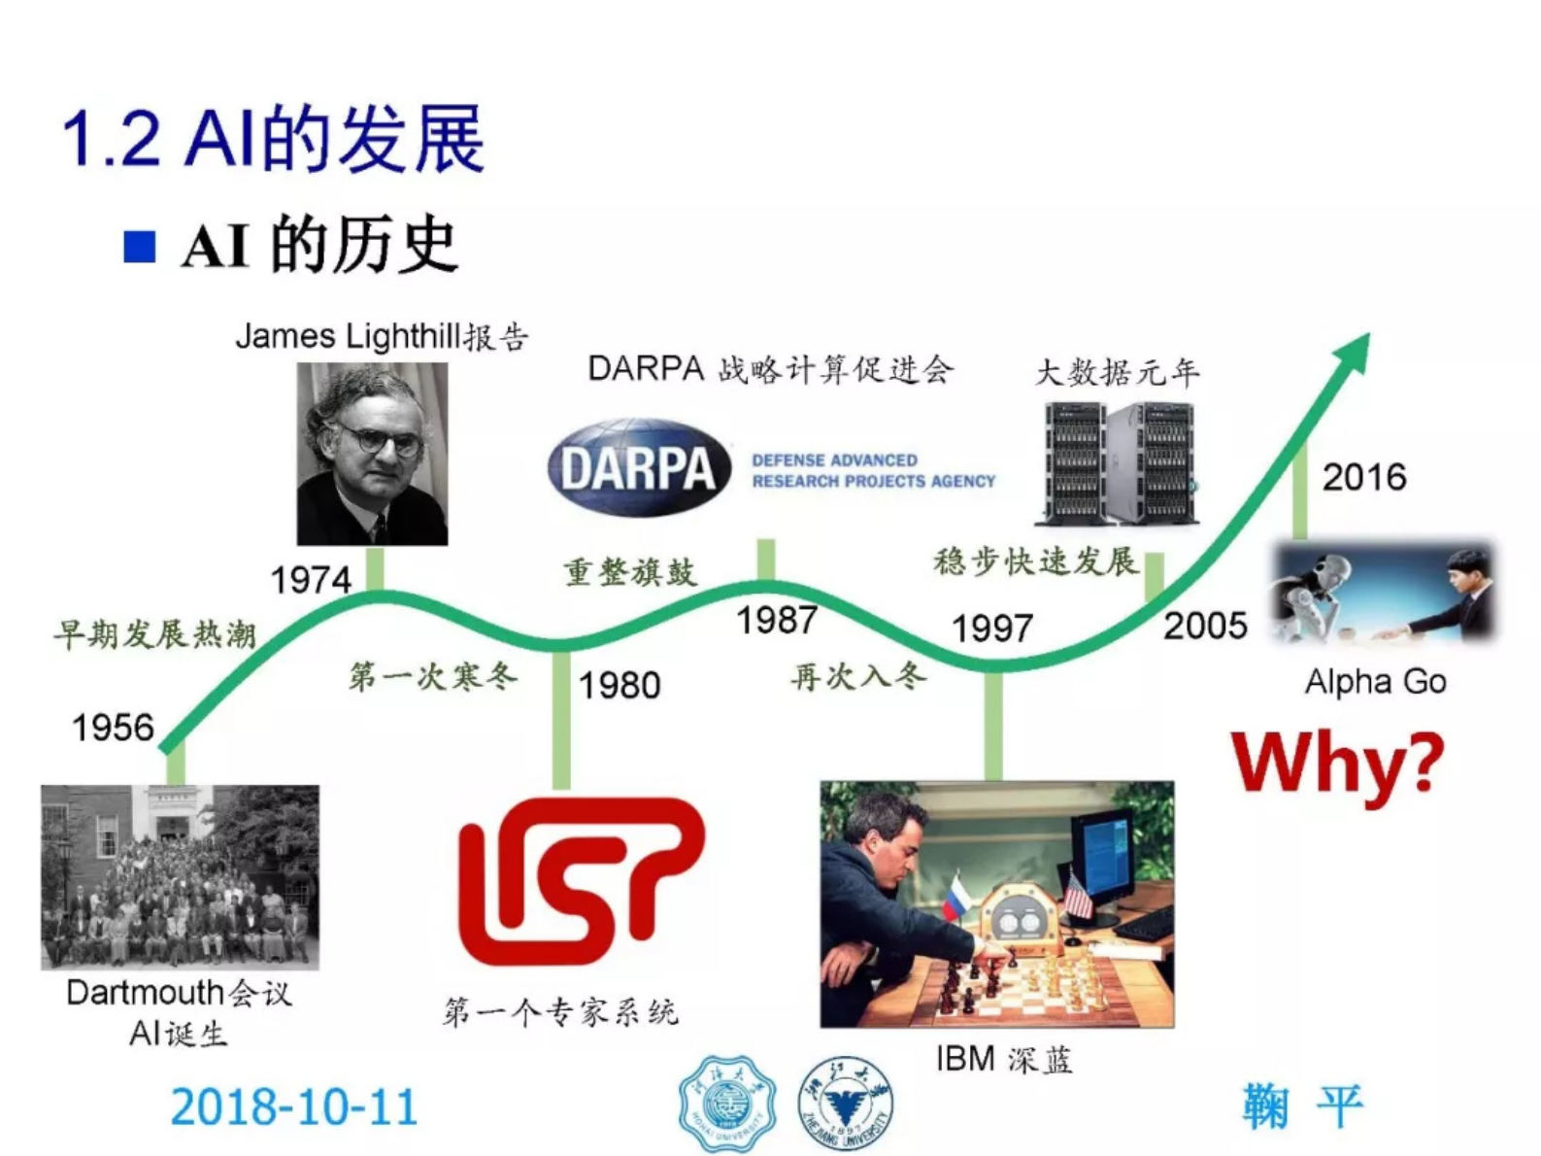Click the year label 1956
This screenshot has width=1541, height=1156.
click(113, 728)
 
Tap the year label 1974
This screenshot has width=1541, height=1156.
click(311, 580)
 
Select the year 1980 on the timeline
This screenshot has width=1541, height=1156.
click(620, 686)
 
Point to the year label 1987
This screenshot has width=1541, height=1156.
click(777, 620)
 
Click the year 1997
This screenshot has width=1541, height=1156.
click(991, 629)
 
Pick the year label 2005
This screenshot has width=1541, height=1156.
click(1205, 626)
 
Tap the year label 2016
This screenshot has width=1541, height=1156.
click(1364, 477)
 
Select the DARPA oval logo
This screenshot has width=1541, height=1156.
click(639, 468)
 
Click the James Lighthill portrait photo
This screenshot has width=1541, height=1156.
click(373, 454)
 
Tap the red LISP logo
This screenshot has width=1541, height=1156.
click(581, 880)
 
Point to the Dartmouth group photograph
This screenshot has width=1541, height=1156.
click(180, 877)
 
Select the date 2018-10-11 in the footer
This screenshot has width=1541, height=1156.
click(294, 1106)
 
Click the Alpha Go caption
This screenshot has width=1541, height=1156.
click(1375, 682)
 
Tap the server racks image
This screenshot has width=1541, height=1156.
click(1119, 463)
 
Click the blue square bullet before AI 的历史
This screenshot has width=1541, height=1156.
click(140, 247)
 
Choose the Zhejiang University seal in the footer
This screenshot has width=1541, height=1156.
click(846, 1104)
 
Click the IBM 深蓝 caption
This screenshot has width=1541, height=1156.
click(1004, 1059)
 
